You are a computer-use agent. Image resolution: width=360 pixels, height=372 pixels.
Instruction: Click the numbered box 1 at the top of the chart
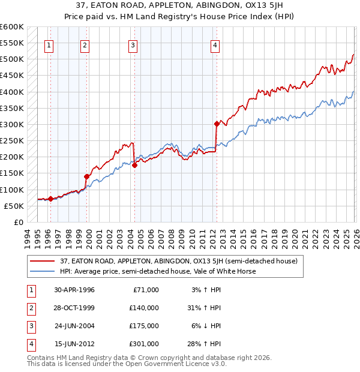coord(49,44)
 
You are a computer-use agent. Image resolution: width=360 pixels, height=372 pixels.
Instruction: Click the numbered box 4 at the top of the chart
coord(215,44)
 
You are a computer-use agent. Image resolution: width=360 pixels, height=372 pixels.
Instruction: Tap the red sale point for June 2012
coord(216,124)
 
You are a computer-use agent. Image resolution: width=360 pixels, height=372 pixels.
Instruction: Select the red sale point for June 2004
coord(134,165)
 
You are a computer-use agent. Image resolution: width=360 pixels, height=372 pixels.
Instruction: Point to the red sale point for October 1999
coord(87,176)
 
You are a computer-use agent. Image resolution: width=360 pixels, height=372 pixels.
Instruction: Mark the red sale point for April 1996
coord(50,199)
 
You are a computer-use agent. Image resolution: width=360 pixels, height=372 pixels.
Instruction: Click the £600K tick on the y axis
coord(12,27)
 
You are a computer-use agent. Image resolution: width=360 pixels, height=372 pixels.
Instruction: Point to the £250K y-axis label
coord(12,141)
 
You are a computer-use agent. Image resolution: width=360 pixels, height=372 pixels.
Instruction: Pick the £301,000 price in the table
coord(143,344)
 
